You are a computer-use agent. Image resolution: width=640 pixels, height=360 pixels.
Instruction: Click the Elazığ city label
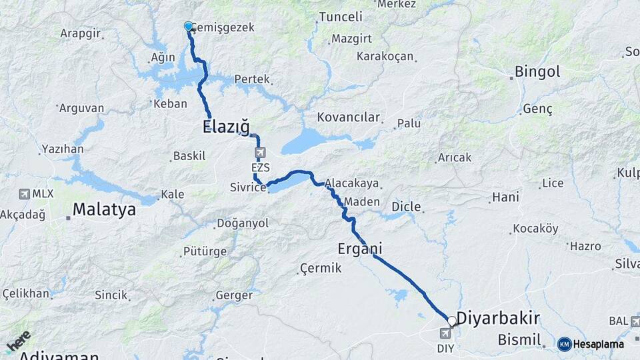(225, 126)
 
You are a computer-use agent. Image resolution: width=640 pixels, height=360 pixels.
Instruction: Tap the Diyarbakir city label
(498, 317)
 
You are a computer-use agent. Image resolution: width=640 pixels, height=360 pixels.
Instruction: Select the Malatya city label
(104, 209)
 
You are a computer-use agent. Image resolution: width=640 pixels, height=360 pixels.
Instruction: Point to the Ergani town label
(360, 249)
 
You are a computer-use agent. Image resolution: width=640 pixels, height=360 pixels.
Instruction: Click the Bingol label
(537, 71)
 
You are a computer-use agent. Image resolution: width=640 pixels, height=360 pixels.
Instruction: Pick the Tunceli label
(341, 17)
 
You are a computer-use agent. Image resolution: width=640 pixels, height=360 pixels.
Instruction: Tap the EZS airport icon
(259, 153)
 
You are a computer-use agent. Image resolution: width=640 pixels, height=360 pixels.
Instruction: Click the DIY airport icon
(445, 333)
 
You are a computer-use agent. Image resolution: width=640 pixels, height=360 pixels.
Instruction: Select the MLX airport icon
(25, 194)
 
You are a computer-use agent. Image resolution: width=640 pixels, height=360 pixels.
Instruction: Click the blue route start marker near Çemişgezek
(189, 27)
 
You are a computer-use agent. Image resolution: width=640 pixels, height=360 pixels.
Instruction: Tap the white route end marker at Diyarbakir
(452, 321)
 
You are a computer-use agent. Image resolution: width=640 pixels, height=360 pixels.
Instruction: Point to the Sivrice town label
(247, 188)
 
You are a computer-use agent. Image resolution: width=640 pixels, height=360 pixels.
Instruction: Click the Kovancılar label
(349, 117)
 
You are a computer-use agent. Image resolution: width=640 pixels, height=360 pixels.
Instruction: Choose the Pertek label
(252, 79)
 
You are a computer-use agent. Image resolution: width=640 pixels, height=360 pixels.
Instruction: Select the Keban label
(171, 103)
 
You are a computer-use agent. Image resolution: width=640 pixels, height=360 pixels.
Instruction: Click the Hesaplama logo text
(598, 344)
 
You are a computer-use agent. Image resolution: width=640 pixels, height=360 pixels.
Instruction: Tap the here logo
(18, 342)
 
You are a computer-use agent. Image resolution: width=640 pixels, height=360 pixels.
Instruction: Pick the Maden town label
(363, 201)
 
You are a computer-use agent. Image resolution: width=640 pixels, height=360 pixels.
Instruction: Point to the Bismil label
(519, 340)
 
